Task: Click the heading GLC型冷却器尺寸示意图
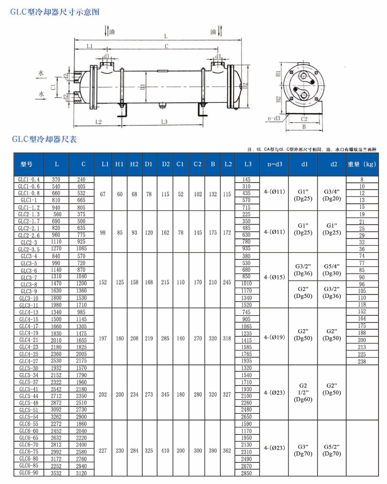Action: [x=55, y=12]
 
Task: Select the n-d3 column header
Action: [x=275, y=164]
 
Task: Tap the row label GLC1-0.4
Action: [x=29, y=180]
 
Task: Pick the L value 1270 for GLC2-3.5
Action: [x=56, y=249]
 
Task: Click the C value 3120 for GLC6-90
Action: [x=81, y=473]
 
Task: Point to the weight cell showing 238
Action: [x=362, y=361]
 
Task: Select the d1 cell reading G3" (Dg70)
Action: [x=303, y=450]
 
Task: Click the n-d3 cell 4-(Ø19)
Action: [x=274, y=337]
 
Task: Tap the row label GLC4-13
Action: [x=29, y=312]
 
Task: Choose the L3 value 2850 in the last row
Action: [x=246, y=473]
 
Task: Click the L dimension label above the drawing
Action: [x=166, y=36]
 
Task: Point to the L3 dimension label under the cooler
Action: [x=164, y=122]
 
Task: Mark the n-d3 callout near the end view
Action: [x=274, y=119]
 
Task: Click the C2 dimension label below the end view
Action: [x=304, y=119]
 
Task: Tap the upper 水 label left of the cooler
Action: [x=41, y=73]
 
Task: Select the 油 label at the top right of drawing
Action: [x=213, y=32]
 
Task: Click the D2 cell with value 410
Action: [x=165, y=451]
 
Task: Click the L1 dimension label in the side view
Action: [x=90, y=46]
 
